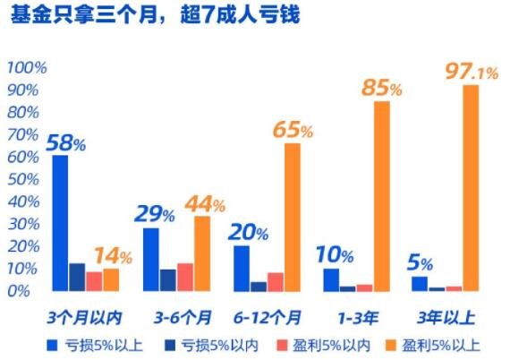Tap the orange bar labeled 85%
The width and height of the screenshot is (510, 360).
pyautogui.click(x=382, y=196)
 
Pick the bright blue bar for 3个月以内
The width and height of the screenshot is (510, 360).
pyautogui.click(x=60, y=223)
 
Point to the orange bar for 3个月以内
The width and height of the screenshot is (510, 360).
pyautogui.click(x=111, y=279)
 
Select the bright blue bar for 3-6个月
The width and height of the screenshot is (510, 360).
pyautogui.click(x=151, y=260)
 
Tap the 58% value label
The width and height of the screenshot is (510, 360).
pyautogui.click(x=64, y=141)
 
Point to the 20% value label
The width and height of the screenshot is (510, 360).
pyautogui.click(x=246, y=232)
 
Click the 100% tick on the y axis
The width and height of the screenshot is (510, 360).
pyautogui.click(x=27, y=68)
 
